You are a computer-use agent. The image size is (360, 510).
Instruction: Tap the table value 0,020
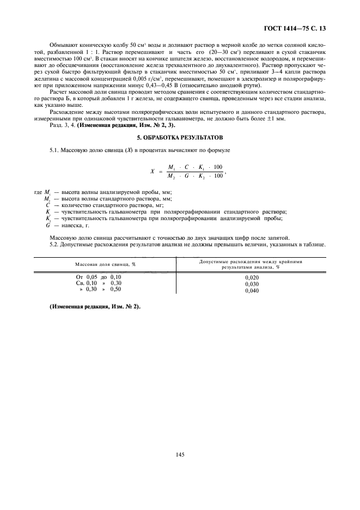pos(252,277)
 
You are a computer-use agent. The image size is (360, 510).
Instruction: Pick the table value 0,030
pos(252,284)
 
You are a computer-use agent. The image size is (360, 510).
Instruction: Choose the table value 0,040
pos(252,290)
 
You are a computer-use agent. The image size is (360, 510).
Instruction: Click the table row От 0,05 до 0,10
pos(98,277)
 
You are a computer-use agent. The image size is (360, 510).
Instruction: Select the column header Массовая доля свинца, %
pos(105,264)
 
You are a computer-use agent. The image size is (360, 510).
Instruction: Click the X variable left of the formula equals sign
pos(152,171)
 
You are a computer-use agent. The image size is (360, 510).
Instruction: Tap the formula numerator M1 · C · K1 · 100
pos(195,166)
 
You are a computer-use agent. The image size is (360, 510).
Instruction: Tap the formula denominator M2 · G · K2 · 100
pos(195,176)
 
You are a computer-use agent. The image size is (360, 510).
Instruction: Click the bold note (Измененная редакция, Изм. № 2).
pos(94,306)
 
